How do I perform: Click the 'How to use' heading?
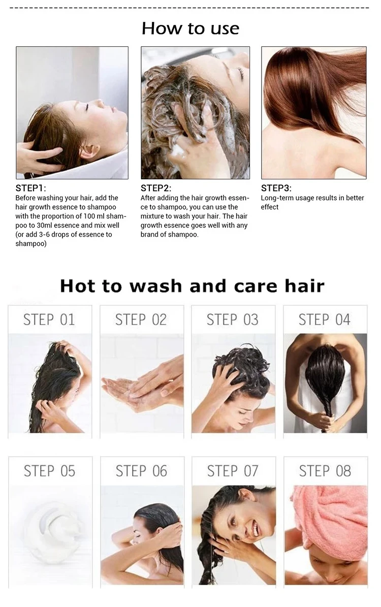click(x=190, y=28)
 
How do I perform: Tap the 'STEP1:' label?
click(x=30, y=188)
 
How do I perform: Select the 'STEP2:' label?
click(x=156, y=188)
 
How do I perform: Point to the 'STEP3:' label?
click(x=276, y=188)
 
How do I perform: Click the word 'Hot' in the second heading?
click(x=78, y=285)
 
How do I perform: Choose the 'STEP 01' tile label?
click(x=49, y=320)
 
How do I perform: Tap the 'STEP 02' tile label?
click(x=141, y=320)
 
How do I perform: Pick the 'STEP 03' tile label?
click(x=233, y=320)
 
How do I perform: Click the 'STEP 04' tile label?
click(x=325, y=320)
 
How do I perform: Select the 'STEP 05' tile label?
click(x=50, y=471)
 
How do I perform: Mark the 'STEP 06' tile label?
click(x=141, y=471)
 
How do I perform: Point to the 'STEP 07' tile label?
click(x=233, y=471)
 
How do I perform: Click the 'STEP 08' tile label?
click(x=325, y=471)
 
